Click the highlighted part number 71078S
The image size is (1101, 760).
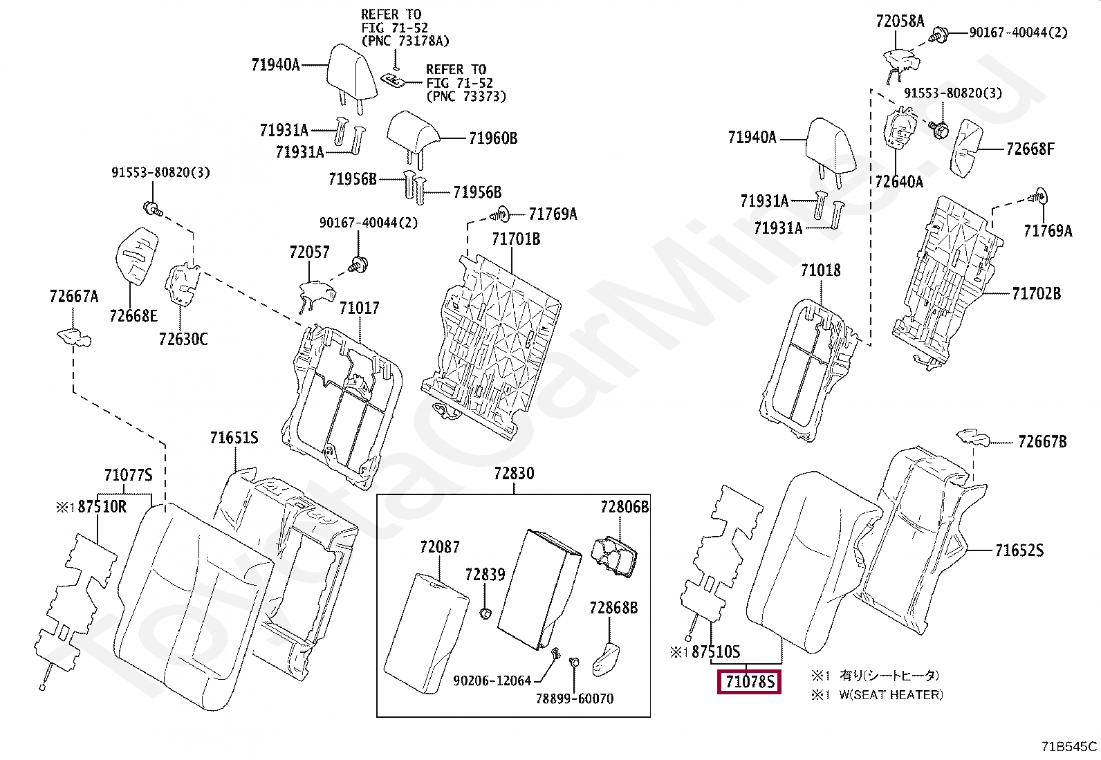click(x=749, y=683)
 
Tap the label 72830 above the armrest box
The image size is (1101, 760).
click(x=514, y=474)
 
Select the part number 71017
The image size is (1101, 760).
click(x=359, y=308)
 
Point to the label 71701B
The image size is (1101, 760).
click(x=516, y=239)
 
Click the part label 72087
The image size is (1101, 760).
click(x=439, y=547)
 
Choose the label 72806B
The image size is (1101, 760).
click(x=624, y=508)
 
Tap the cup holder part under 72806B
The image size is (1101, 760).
click(x=615, y=555)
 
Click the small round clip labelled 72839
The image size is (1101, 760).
click(x=485, y=613)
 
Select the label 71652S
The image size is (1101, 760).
click(x=1019, y=550)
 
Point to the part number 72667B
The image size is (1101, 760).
click(x=1042, y=442)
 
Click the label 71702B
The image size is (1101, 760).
click(x=1036, y=294)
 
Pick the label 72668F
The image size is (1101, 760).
click(x=1030, y=149)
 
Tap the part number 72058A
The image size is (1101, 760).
click(x=900, y=21)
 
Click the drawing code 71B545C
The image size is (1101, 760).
click(x=1069, y=747)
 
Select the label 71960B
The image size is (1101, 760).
click(x=492, y=138)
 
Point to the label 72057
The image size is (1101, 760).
click(x=309, y=252)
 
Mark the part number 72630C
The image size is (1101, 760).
click(x=183, y=339)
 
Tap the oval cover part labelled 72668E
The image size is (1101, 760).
click(x=136, y=254)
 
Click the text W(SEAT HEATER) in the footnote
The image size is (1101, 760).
click(x=891, y=695)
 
